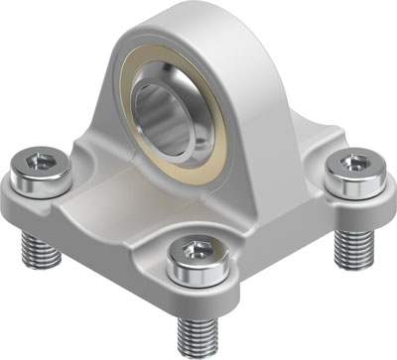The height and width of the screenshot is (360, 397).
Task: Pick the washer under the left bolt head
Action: (x=42, y=187)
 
